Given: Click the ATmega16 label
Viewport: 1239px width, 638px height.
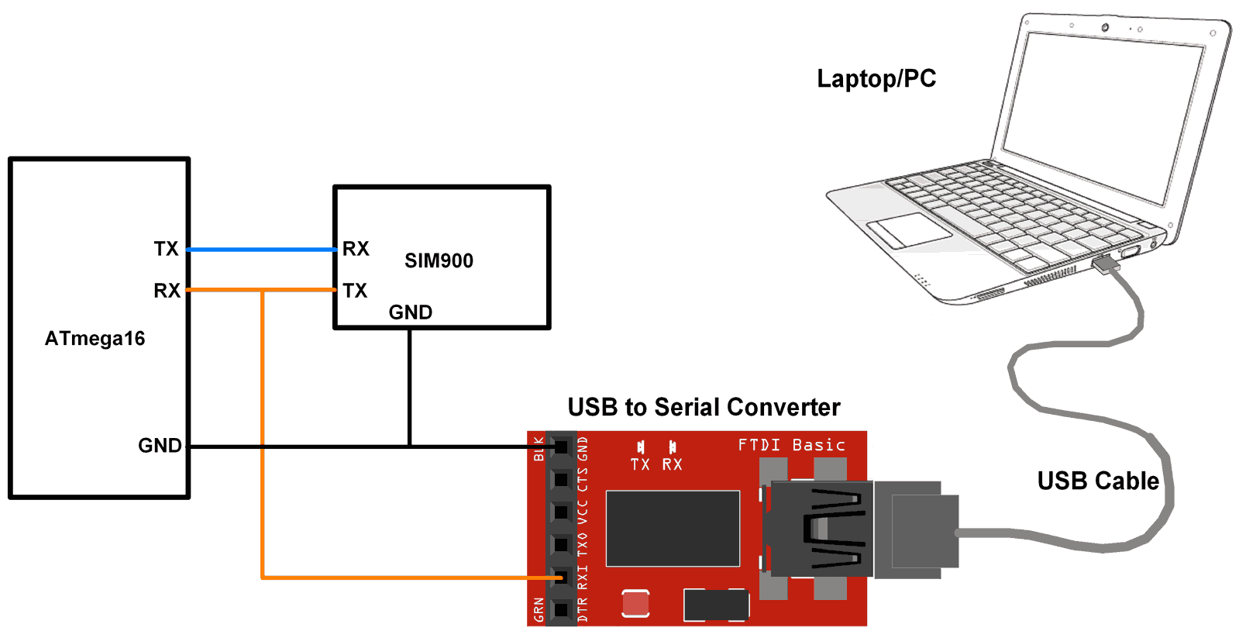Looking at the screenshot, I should click(x=95, y=339).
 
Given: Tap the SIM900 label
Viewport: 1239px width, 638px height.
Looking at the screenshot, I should click(x=439, y=261).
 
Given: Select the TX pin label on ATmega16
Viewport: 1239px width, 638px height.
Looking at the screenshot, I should click(x=166, y=249).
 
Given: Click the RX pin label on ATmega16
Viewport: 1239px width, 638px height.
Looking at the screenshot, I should click(x=167, y=291).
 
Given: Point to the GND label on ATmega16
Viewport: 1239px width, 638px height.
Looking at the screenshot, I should click(x=160, y=446).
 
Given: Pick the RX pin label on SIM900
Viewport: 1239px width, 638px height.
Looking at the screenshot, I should click(x=356, y=249).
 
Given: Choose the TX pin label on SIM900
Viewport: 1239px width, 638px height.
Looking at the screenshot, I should click(x=355, y=291).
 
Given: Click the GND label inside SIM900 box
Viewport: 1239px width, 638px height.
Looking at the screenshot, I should click(x=410, y=312).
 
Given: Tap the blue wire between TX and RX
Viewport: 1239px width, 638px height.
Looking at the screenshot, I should click(x=262, y=250).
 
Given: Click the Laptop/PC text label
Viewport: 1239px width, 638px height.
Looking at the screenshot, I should click(x=876, y=78).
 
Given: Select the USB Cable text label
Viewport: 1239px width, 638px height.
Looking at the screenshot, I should click(x=1098, y=481).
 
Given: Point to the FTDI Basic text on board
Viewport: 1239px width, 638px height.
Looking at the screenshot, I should click(x=791, y=445).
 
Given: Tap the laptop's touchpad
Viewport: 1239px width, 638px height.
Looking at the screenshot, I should click(x=908, y=230).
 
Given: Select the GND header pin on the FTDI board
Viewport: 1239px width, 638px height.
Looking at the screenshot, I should click(x=561, y=447).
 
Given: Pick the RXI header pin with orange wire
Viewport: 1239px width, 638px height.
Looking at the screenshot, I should click(x=561, y=578).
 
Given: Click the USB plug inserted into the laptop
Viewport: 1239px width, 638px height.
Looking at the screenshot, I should click(x=1106, y=264).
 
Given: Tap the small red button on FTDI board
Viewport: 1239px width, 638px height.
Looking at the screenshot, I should click(x=635, y=604).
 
